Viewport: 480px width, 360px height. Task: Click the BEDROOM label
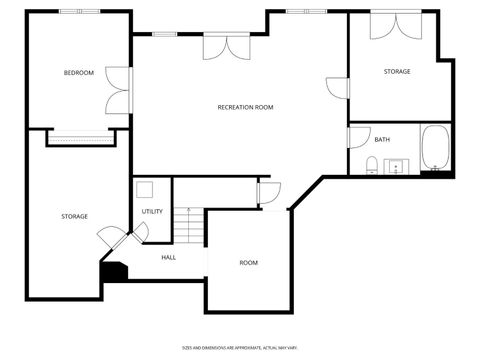point(79,73)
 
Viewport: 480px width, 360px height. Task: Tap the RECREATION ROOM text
point(245,107)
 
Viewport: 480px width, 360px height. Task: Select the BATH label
point(382,139)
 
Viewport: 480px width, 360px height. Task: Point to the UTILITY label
point(152,211)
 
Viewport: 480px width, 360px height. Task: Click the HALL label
point(168,257)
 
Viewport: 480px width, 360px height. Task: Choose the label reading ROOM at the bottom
point(248,263)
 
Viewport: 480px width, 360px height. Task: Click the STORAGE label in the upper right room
point(397,71)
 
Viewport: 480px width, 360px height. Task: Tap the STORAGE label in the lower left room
point(74,216)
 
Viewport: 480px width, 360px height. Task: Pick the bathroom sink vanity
point(398,166)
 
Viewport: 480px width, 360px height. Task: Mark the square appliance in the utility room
point(144,188)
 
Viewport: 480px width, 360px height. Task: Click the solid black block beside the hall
point(114,272)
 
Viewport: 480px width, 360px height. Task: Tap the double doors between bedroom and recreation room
point(120,90)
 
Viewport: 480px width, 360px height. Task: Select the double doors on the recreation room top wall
point(227,46)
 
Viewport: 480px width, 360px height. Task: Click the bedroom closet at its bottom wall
point(78,139)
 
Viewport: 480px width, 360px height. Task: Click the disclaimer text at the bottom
point(240,347)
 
